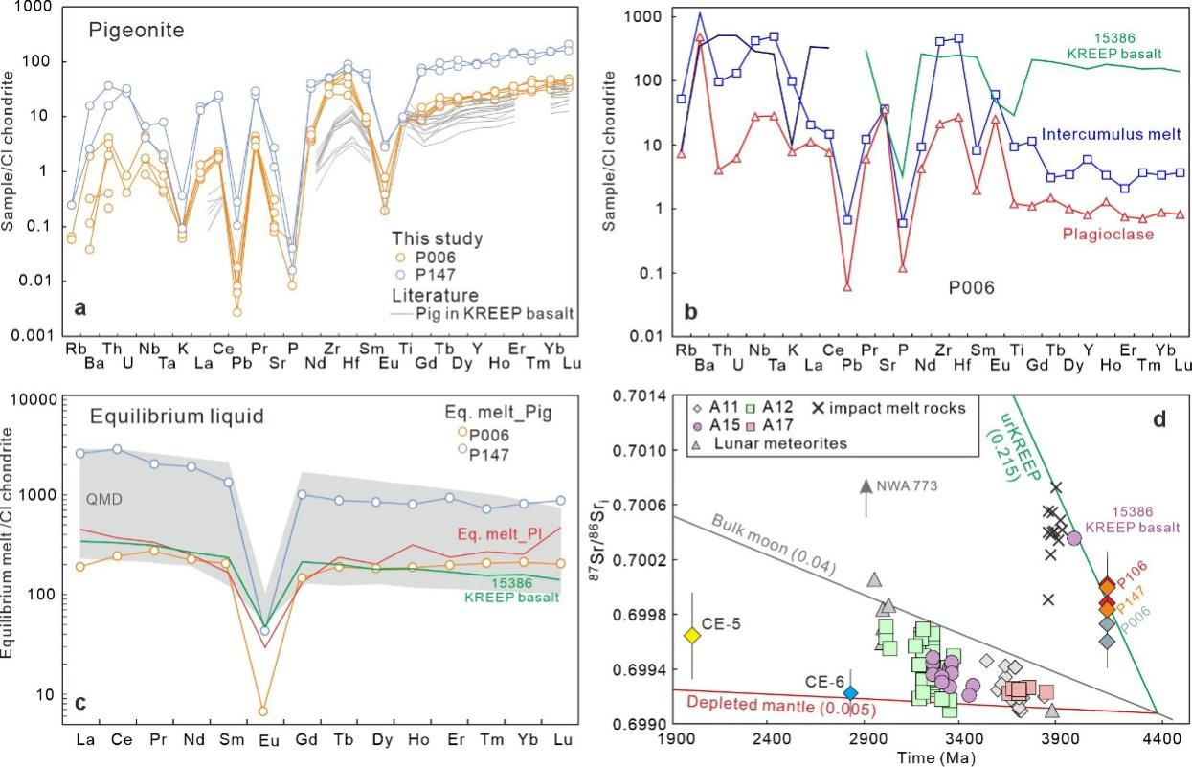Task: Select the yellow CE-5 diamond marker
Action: click(693, 635)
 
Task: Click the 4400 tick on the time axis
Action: click(1159, 739)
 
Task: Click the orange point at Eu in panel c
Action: click(262, 711)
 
